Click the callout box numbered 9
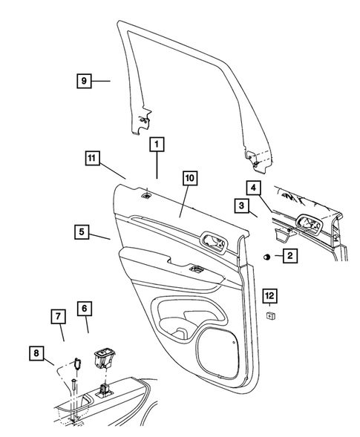pyautogui.click(x=83, y=79)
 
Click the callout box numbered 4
pyautogui.click(x=253, y=188)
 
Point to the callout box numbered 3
pyautogui.click(x=242, y=204)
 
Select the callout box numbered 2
pyautogui.click(x=289, y=257)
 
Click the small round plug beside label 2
pyautogui.click(x=265, y=257)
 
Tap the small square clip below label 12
pyautogui.click(x=272, y=315)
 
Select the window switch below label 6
pyautogui.click(x=102, y=358)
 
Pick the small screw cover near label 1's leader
pyautogui.click(x=148, y=196)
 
